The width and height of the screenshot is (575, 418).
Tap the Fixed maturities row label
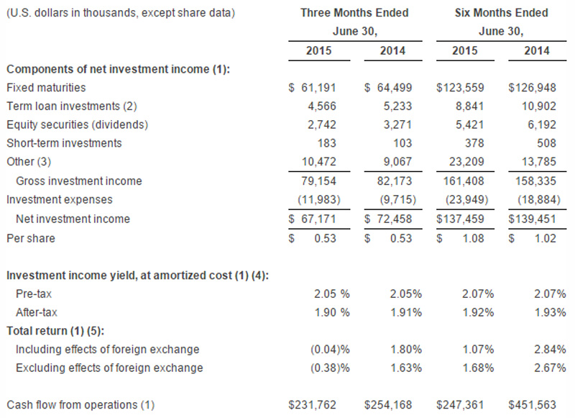pyautogui.click(x=45, y=87)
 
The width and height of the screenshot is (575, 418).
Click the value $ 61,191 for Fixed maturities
pyautogui.click(x=312, y=87)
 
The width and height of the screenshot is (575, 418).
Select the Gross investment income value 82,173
pyautogui.click(x=391, y=181)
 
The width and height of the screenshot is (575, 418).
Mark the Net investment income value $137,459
pyautogui.click(x=461, y=218)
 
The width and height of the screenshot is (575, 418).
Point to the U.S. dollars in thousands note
pyautogui.click(x=120, y=13)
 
